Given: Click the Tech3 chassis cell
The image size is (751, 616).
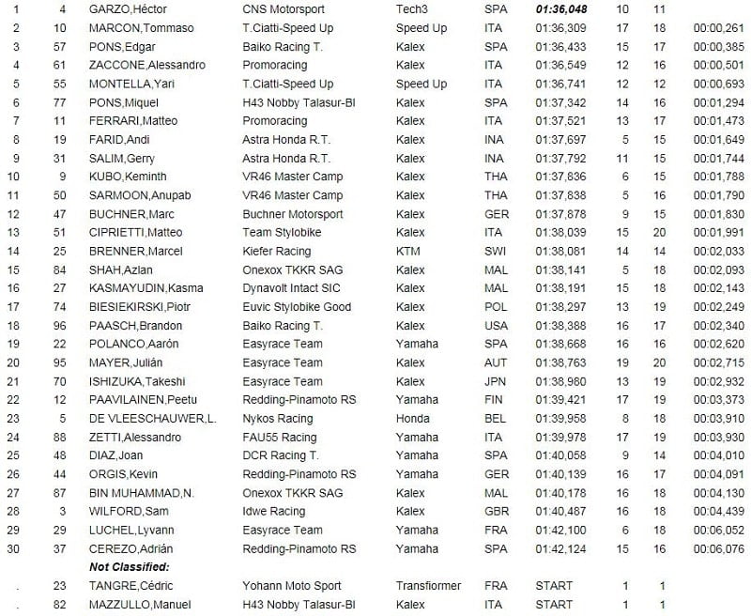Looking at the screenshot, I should point(413,9).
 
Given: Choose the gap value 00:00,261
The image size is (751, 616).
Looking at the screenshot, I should point(718,28).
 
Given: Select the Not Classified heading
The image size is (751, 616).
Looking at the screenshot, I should point(130,567).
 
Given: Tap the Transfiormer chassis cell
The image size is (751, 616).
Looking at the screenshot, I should point(429,586).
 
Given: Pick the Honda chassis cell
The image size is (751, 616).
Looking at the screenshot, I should point(412,418).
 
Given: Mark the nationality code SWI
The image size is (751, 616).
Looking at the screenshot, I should point(495,251).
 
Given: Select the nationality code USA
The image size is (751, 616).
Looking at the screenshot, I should point(496,325).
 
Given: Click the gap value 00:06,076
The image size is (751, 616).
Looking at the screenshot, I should point(718,548).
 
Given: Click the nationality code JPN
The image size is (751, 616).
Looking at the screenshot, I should point(495,381).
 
